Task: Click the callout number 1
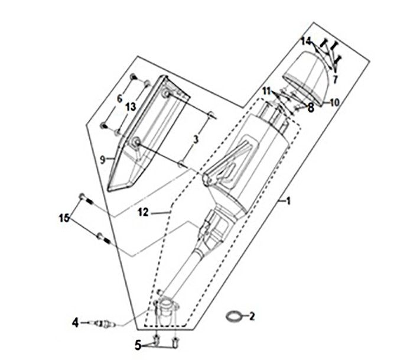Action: [x=289, y=202]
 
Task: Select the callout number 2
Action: [x=252, y=317]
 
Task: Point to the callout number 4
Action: [x=76, y=323]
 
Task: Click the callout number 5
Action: [x=138, y=344]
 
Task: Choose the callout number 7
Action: [x=335, y=79]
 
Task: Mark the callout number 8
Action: [x=311, y=108]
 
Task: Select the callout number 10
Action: [x=334, y=102]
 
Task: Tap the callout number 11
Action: [x=267, y=91]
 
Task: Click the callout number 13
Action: [x=131, y=106]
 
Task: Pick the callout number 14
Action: [x=305, y=41]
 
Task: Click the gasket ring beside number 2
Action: [x=234, y=316]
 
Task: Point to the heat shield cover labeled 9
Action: [x=142, y=136]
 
